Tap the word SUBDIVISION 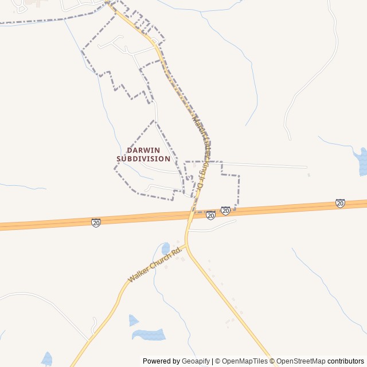tap(143, 158)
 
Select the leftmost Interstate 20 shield tap(96, 222)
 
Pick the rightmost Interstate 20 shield tap(340, 203)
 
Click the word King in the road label tap(201, 172)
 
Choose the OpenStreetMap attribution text tap(300, 361)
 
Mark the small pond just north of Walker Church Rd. tap(166, 248)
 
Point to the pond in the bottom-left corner tap(46, 359)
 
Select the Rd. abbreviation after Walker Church tap(177, 251)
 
